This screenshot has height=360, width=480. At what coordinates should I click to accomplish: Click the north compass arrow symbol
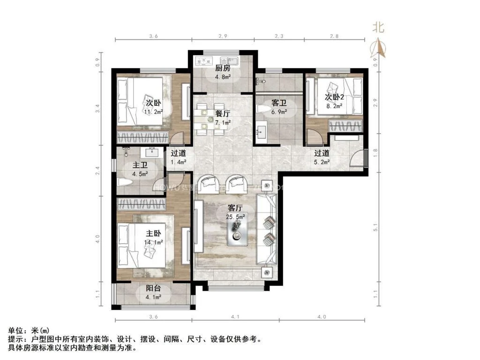379,47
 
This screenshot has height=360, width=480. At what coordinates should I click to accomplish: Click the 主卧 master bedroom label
153,233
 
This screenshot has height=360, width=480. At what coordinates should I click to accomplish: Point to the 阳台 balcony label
152,289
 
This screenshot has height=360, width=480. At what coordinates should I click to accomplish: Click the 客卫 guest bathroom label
278,102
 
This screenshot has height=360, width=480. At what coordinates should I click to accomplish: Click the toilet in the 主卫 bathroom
125,183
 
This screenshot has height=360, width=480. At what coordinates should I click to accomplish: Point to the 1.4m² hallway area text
178,162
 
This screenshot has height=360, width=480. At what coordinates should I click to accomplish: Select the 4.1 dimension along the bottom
235,317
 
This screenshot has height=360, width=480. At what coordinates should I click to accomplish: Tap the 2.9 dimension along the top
223,36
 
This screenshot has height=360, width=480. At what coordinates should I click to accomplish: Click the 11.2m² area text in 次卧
153,112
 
